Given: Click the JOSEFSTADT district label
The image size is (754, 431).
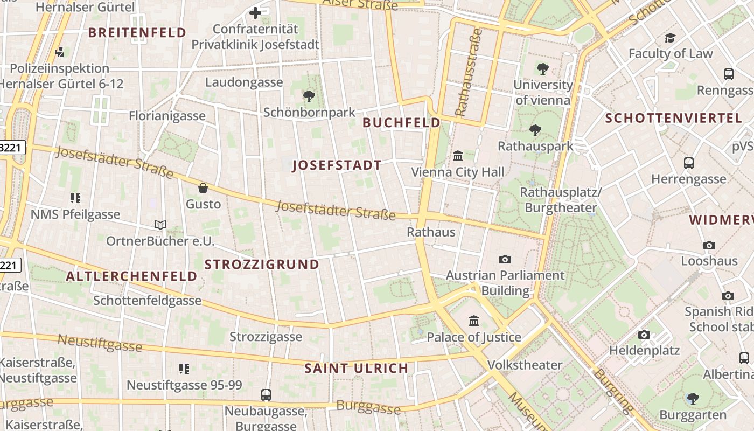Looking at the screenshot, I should (x=337, y=165).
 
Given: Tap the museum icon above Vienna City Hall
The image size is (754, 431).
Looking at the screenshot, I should (x=458, y=156).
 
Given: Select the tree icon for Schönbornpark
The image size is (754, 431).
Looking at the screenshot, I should (x=309, y=96).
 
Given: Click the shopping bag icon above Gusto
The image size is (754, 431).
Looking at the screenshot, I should (x=203, y=188).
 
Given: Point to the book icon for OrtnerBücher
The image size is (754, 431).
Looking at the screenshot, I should (x=160, y=225).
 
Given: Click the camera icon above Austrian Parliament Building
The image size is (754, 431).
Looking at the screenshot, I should (x=505, y=259).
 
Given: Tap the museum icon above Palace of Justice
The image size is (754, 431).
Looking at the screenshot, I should (x=474, y=321).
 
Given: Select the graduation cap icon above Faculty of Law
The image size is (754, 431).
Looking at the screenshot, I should (x=670, y=38).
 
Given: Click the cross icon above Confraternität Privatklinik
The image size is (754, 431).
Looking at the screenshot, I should (x=255, y=12).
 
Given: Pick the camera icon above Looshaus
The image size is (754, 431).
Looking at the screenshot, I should (x=709, y=245).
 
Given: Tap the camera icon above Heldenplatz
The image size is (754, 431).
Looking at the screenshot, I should (x=644, y=335).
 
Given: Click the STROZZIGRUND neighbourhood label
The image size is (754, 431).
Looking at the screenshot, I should (x=262, y=265).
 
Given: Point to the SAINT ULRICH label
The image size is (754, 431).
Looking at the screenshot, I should (x=356, y=369).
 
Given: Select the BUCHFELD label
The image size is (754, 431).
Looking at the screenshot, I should (x=401, y=123).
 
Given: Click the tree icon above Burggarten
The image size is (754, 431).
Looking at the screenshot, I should (x=693, y=399).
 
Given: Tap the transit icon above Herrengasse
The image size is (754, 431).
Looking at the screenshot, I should (x=688, y=163).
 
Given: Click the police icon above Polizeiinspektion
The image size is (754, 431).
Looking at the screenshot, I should (x=60, y=52).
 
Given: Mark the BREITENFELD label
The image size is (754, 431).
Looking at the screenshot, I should (x=137, y=33).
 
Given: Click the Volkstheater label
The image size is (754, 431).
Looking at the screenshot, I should (x=525, y=365).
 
